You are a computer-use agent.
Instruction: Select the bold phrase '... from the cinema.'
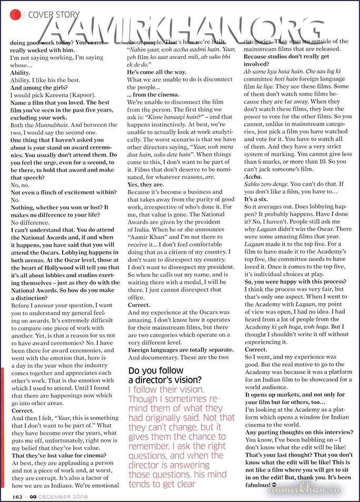[154, 94]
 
